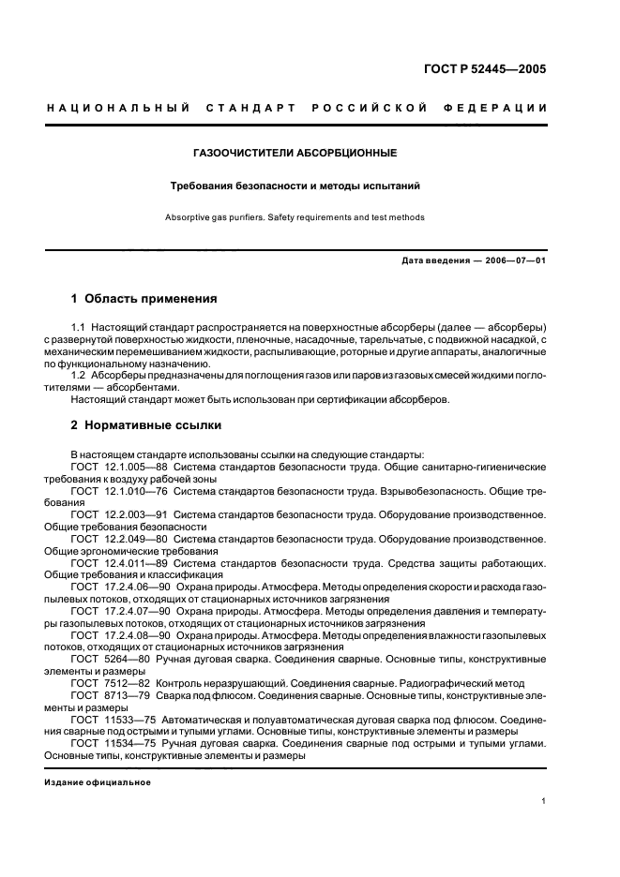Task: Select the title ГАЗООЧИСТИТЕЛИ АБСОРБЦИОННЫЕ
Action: tap(295, 152)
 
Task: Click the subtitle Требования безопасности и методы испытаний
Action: tap(294, 186)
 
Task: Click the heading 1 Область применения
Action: tap(144, 299)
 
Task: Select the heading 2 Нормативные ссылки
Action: tap(146, 424)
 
